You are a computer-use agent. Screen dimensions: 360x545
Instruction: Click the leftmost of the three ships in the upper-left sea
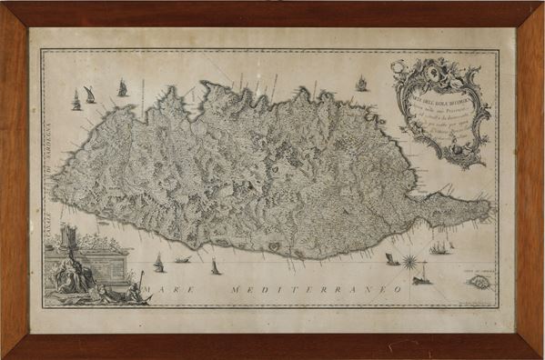coord(76,100)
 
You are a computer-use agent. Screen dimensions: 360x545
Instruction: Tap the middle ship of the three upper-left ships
coord(89,95)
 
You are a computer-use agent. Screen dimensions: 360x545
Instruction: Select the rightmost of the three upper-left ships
coord(122,87)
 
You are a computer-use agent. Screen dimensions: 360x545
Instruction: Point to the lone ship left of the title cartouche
coord(361,84)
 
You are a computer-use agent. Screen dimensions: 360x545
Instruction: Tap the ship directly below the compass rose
coord(420,280)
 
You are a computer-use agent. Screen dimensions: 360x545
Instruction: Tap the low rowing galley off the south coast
coord(183,261)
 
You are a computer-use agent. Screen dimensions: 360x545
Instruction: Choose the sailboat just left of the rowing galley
coord(158,263)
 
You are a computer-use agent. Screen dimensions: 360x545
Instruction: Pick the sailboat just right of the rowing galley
coord(215,267)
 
